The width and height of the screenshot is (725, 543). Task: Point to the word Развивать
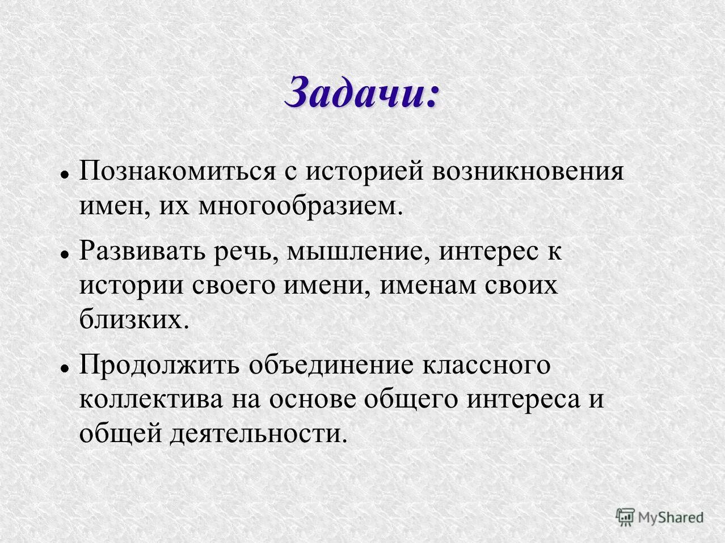(142, 251)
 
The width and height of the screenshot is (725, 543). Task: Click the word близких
(133, 320)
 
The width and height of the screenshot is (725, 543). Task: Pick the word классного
(486, 365)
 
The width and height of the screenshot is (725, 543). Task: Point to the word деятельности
(258, 434)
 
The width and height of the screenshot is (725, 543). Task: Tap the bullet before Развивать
(65, 254)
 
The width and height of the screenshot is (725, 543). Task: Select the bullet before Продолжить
(65, 368)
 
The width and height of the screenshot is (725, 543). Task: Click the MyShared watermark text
(671, 517)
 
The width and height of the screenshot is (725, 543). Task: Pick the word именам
(428, 285)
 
